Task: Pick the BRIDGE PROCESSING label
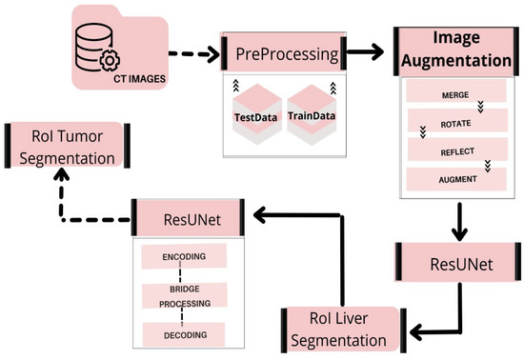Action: click(184, 295)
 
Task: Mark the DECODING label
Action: click(184, 334)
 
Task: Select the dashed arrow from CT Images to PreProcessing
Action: click(191, 55)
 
